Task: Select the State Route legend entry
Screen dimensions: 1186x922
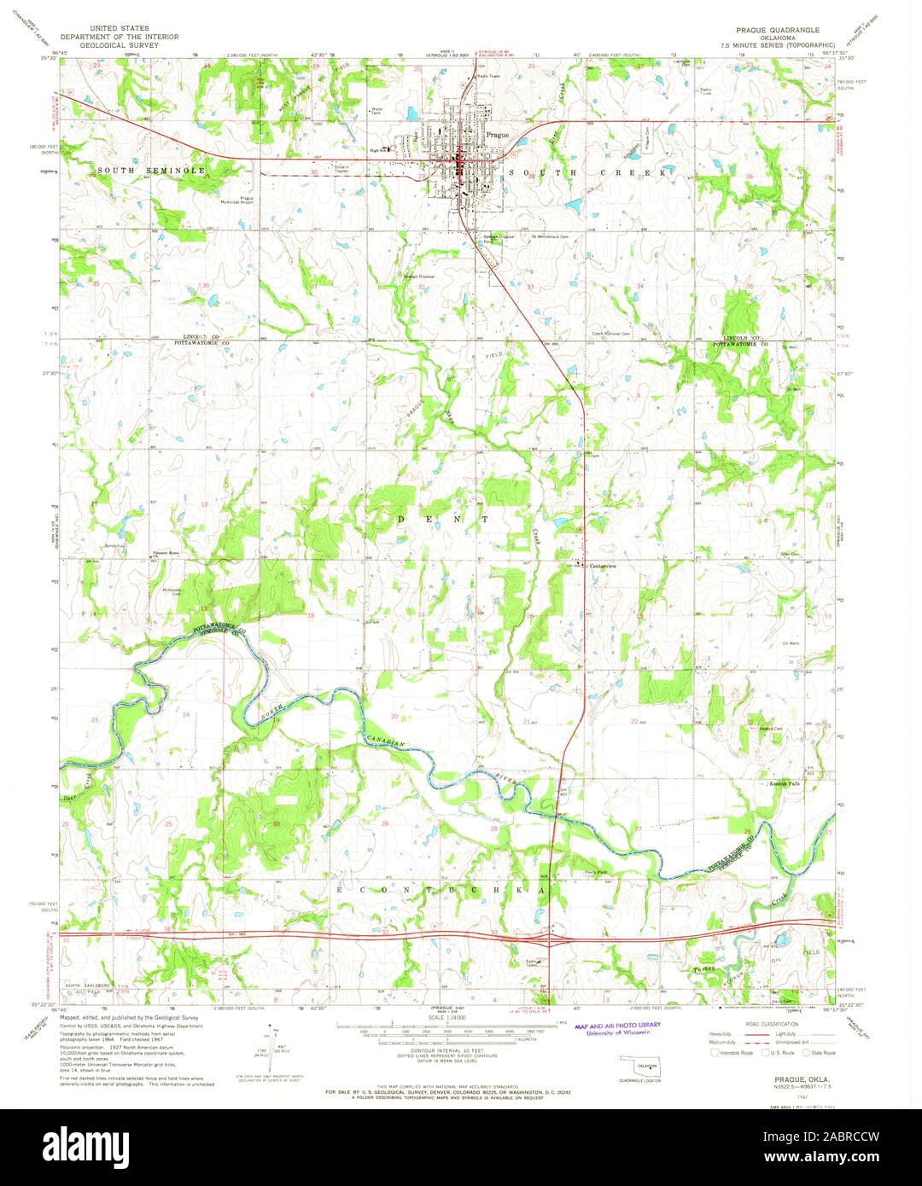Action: tap(821, 1053)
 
